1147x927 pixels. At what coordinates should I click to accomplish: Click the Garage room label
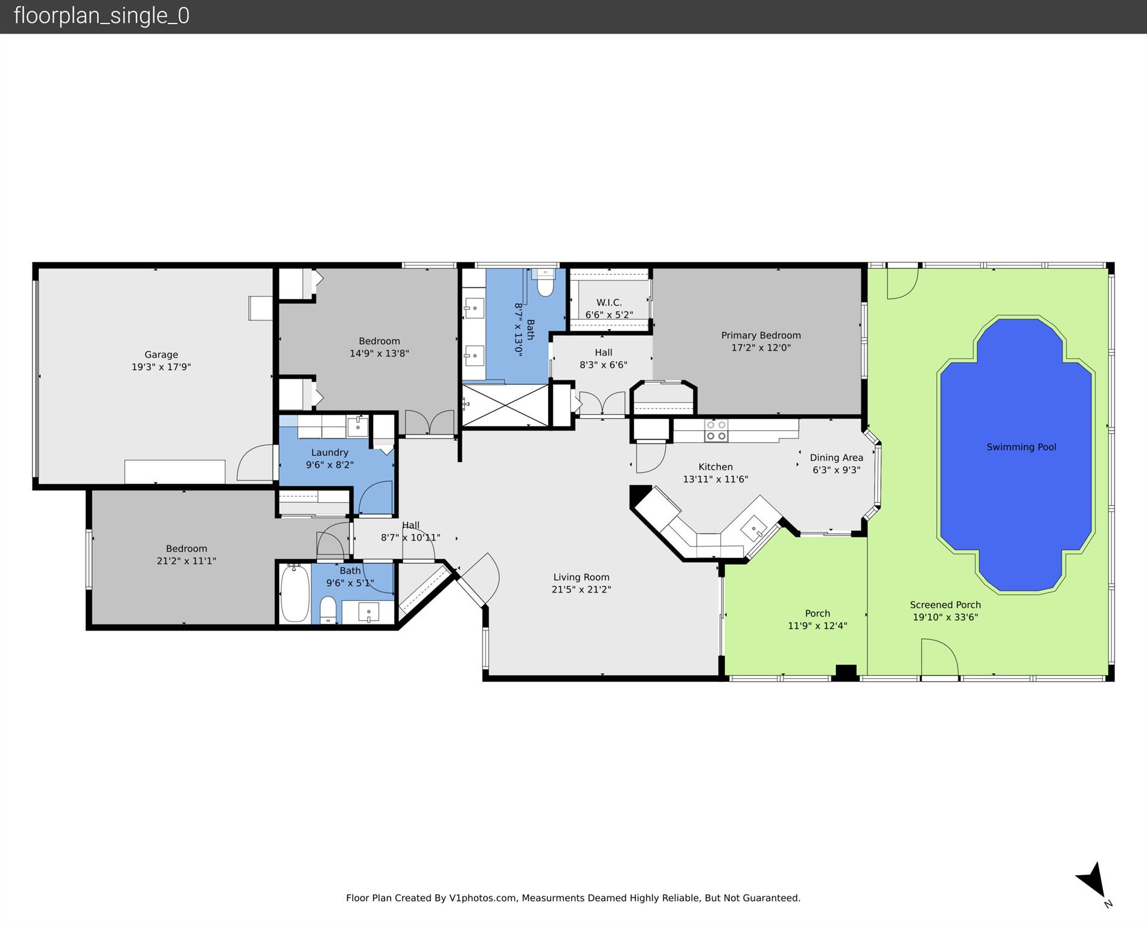161,354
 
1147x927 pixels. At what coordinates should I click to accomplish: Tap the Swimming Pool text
1021,447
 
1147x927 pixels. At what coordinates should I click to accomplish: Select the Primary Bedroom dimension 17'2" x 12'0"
761,348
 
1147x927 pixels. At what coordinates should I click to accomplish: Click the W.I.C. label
609,302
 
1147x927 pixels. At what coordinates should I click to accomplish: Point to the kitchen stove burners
716,430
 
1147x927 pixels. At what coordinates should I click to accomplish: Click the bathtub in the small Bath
295,593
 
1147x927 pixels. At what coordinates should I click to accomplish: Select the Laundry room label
330,452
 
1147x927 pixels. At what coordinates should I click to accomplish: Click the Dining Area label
836,458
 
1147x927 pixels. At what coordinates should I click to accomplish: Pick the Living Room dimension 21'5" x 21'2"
581,589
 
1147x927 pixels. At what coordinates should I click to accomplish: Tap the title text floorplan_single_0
101,16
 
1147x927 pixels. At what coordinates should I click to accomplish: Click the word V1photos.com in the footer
483,898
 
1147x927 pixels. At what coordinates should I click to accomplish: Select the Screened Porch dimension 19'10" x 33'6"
945,617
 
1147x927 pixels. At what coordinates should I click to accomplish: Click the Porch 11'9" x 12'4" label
817,620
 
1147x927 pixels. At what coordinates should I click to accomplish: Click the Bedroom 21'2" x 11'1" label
187,554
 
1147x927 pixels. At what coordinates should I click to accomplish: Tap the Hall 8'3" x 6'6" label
603,359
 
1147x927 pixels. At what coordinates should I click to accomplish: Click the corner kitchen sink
754,528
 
